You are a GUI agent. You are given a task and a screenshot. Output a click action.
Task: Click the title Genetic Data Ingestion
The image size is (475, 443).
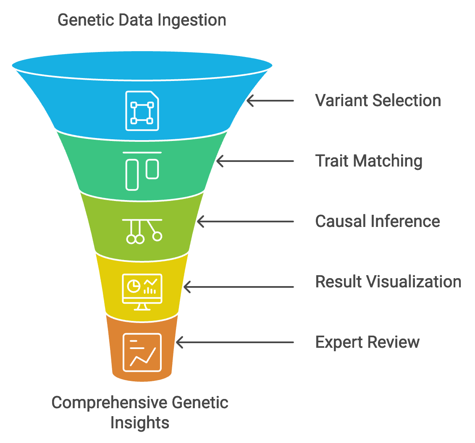[142, 21]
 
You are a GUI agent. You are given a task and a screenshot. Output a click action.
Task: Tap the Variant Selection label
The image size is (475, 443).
[378, 100]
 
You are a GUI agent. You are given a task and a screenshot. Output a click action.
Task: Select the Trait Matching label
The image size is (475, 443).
[369, 161]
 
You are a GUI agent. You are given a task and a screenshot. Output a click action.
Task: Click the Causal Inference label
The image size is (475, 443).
[378, 221]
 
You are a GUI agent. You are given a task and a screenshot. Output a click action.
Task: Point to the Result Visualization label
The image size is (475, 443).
[388, 282]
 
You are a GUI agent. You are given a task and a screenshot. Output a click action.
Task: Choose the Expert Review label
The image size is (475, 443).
[367, 343]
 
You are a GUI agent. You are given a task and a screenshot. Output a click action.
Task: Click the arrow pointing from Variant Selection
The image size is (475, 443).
[270, 100]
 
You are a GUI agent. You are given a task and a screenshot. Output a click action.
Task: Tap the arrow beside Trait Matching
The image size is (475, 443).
[255, 161]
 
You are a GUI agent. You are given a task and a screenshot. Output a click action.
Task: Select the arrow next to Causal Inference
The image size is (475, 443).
[245, 221]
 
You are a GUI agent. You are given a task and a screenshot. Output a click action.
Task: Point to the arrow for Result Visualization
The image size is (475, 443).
[239, 287]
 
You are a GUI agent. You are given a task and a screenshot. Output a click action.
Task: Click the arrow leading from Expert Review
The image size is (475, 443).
[235, 342]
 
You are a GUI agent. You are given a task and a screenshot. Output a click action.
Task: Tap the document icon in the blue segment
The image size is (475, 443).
[142, 111]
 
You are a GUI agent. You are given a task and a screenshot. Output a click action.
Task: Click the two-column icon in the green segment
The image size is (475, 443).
[142, 171]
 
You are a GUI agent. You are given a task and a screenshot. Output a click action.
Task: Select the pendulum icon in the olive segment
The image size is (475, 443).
[142, 231]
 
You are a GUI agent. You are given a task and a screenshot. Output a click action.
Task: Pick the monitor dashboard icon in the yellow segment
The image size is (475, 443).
[142, 292]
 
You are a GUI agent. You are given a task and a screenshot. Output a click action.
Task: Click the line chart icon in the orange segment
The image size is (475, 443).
[142, 352]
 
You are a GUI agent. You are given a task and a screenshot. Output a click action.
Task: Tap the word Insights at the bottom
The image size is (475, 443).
[140, 422]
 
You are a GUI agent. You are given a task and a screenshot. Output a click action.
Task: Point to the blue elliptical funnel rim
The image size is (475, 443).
[142, 65]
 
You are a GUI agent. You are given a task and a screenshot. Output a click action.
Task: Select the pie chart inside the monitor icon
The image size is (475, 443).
[134, 286]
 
